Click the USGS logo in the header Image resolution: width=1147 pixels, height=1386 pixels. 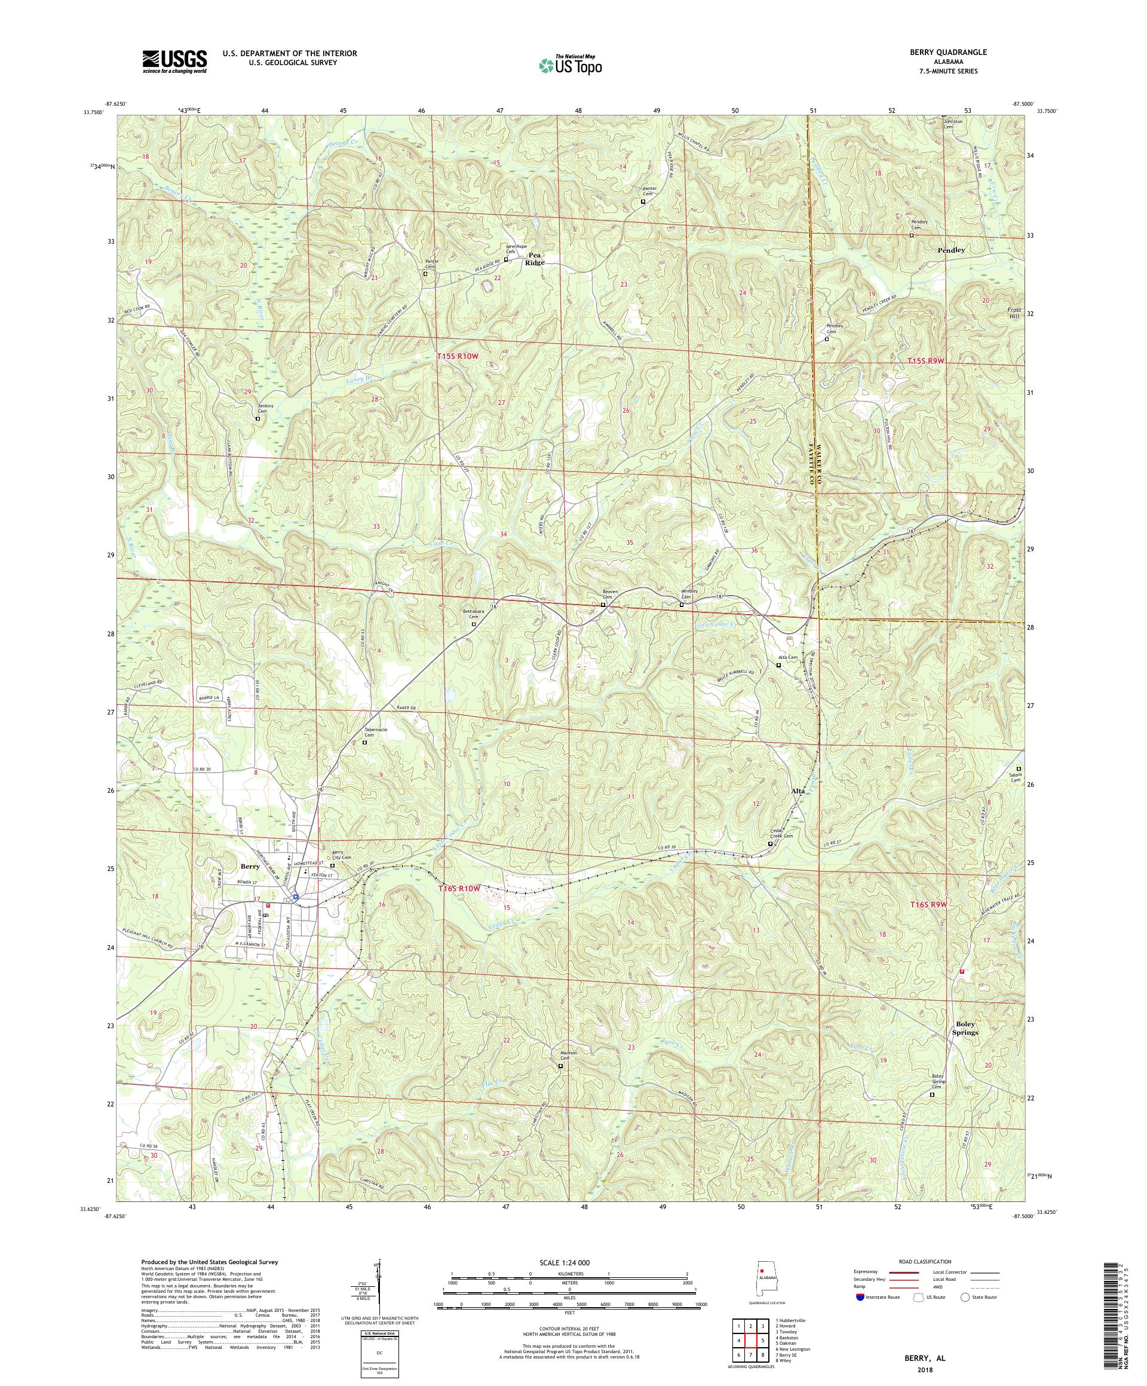(175, 62)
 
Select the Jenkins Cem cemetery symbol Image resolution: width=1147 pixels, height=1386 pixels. (258, 418)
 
